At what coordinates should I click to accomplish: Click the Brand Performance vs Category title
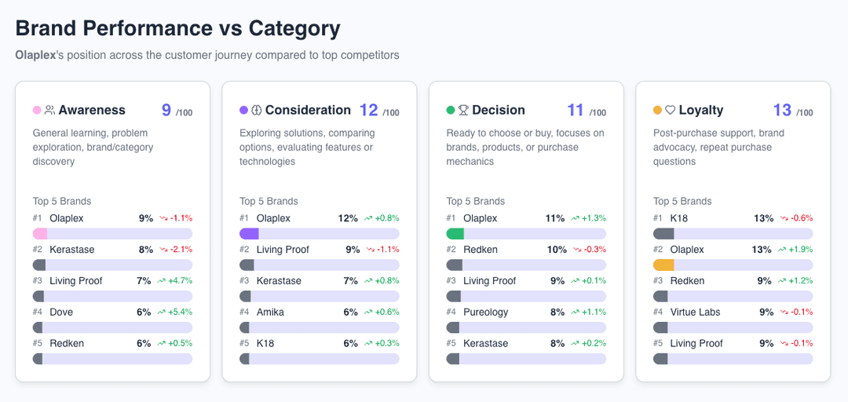(177, 28)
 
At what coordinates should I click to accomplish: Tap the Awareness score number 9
(166, 111)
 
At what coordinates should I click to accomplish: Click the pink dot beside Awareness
(37, 111)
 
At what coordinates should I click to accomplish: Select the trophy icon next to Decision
(463, 111)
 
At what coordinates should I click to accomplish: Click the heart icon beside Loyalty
(670, 111)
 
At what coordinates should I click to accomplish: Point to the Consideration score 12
(369, 111)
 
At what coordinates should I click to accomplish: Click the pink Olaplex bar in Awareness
(40, 234)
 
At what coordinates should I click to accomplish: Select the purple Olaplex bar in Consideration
(249, 234)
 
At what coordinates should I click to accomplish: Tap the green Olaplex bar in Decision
(455, 234)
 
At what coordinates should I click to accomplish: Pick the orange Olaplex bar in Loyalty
(663, 265)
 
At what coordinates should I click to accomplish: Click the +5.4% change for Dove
(175, 312)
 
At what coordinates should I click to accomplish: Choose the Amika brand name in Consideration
(270, 312)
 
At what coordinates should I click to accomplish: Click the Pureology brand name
(485, 312)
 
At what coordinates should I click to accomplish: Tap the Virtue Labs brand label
(695, 312)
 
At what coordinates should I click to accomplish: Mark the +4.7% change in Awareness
(175, 281)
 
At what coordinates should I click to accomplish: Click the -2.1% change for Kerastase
(176, 250)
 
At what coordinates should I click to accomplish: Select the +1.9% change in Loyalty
(795, 250)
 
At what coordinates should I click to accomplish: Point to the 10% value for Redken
(557, 250)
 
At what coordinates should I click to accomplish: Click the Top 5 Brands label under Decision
(476, 201)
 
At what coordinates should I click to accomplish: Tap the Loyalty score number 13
(782, 111)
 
